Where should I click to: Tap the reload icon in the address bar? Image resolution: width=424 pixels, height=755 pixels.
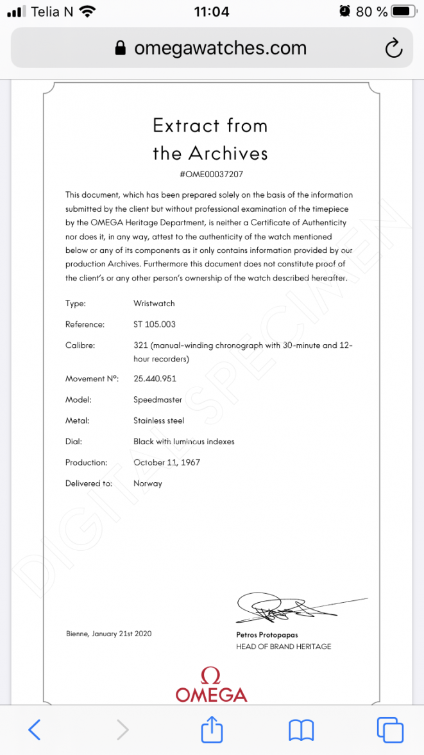393,48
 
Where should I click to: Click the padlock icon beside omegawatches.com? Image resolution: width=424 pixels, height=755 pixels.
119,49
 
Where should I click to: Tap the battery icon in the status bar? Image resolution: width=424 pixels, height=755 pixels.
402,12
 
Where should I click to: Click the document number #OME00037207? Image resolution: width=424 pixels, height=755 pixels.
211,174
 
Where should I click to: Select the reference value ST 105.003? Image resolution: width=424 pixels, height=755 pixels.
154,324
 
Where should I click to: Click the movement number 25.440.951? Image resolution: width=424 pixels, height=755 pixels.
155,378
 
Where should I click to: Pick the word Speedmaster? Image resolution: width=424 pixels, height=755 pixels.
158,399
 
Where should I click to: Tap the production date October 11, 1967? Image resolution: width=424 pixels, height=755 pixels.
167,462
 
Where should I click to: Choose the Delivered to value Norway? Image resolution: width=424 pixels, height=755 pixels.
148,483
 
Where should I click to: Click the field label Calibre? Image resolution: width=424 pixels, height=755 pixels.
80,345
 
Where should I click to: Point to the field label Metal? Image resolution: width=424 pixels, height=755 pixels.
77,421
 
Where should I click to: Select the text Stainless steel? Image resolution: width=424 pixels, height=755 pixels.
158,421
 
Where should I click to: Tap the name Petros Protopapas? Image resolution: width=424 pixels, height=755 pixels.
267,635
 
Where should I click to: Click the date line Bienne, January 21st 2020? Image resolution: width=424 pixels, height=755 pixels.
108,634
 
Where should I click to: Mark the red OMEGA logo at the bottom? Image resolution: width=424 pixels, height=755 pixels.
211,685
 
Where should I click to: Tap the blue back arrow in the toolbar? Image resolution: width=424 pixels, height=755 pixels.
35,729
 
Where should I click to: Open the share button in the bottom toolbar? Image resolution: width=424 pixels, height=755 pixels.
212,728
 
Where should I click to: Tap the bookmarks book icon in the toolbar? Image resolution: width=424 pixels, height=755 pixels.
301,729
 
